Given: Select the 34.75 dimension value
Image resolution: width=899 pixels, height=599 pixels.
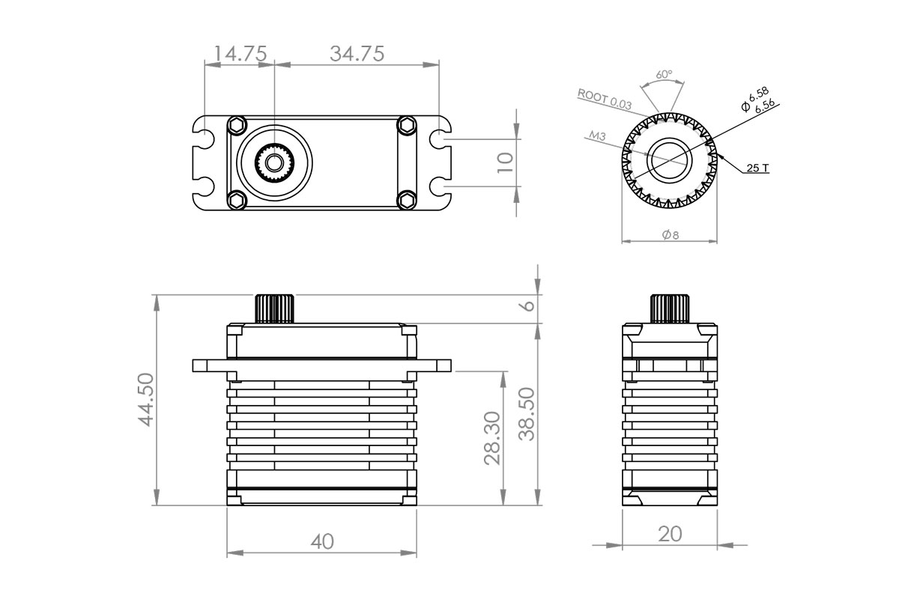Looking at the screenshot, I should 357,54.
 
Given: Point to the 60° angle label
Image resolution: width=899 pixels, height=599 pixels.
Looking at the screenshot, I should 664,75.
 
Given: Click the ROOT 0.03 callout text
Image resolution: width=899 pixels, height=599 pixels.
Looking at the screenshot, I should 605,98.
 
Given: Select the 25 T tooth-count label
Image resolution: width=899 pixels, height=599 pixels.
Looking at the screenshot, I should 757,168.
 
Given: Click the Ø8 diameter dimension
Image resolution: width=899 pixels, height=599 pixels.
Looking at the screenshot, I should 671,235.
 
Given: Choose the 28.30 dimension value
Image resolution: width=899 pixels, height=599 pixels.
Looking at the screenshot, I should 491,437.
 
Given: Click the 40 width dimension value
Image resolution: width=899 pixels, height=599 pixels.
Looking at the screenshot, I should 322,541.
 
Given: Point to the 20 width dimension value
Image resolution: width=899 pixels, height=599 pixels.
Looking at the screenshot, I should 670,534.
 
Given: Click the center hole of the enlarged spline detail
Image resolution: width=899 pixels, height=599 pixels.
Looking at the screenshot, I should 670,159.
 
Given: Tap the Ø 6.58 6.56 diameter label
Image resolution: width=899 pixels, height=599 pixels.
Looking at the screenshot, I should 758,100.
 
